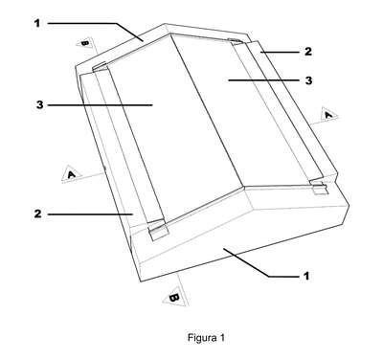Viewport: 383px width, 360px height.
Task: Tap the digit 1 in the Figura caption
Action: click(222, 337)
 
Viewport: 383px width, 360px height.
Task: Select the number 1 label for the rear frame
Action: click(37, 23)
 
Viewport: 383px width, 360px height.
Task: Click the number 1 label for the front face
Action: click(306, 276)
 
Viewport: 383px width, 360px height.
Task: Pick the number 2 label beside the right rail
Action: click(307, 51)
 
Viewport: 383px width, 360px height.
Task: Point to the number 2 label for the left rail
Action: click(37, 214)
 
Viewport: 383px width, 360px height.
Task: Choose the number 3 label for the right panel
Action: click(308, 80)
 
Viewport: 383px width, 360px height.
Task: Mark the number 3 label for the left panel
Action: click(39, 104)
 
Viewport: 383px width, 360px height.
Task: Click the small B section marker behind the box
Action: click(85, 42)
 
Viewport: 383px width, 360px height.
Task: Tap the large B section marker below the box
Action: click(174, 298)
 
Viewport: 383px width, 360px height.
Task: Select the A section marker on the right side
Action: click(327, 114)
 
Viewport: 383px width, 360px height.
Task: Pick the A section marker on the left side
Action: click(72, 173)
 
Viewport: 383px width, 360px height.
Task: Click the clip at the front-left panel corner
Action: click(157, 230)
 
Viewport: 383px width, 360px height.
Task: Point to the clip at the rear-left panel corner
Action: click(101, 67)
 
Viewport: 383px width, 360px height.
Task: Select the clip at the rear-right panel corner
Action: click(236, 41)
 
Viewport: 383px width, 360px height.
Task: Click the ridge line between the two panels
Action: click(208, 110)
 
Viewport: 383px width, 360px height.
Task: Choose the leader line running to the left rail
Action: click(90, 214)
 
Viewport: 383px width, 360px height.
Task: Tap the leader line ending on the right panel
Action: click(264, 80)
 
